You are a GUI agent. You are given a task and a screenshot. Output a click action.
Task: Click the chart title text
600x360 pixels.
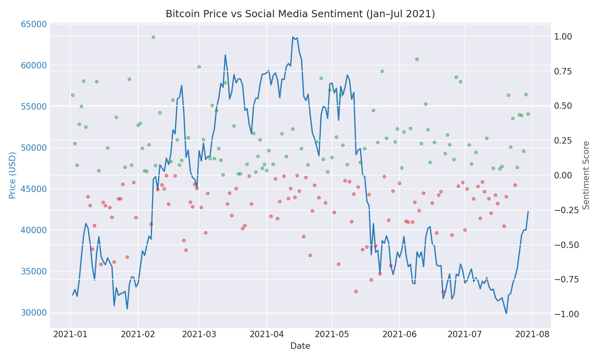click(300, 14)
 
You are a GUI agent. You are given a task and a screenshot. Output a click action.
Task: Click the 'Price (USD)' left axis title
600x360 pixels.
click(12, 175)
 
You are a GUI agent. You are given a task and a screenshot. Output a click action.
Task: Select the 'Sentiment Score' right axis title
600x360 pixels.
click(586, 175)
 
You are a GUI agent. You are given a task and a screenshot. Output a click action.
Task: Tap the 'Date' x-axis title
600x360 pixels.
click(300, 346)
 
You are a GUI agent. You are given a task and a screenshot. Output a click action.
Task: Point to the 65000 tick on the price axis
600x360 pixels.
click(33, 24)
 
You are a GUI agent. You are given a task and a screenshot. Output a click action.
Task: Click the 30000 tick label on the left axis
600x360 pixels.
click(33, 313)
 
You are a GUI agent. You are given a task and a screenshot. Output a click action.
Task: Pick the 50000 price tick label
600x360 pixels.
click(33, 148)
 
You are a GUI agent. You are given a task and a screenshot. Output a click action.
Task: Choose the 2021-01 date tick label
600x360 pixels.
click(70, 334)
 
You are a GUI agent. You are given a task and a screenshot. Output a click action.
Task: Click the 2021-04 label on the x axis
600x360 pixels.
click(266, 334)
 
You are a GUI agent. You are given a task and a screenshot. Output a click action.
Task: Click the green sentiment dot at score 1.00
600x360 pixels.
click(153, 37)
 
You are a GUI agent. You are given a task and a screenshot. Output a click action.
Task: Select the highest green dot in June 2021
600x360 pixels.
click(417, 59)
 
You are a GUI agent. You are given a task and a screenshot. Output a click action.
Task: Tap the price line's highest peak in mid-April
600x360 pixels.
click(293, 37)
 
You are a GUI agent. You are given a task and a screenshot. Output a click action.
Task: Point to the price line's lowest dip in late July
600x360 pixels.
click(506, 314)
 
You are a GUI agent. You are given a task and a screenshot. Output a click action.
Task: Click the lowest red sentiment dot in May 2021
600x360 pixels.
click(356, 291)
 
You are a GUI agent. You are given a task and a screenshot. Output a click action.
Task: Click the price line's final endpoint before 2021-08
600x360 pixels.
click(528, 212)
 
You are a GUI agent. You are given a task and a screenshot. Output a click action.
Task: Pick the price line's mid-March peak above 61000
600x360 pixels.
click(225, 55)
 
